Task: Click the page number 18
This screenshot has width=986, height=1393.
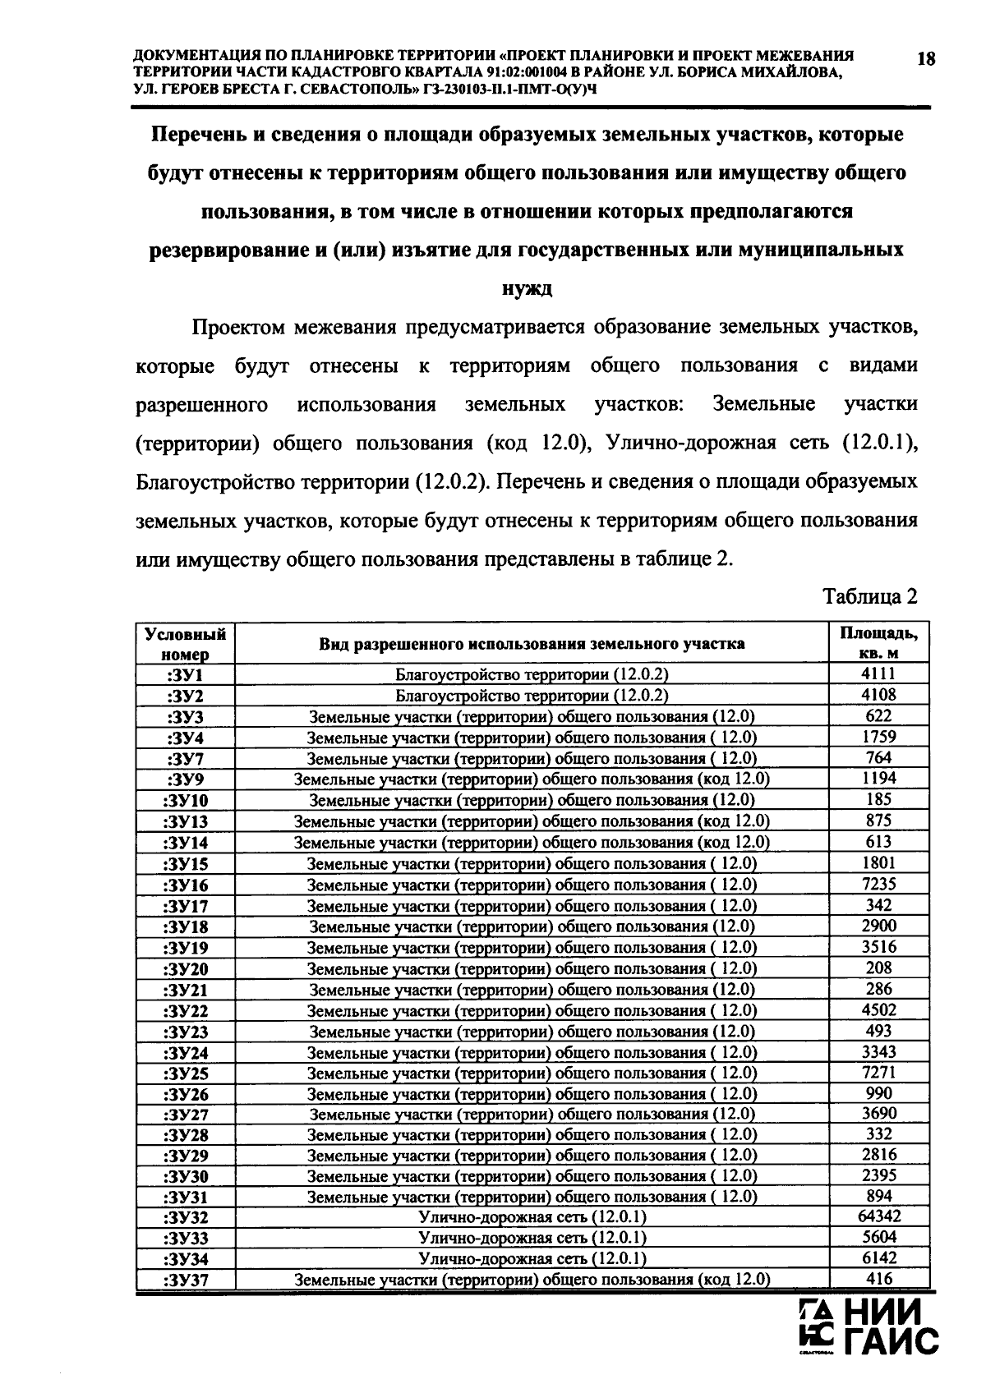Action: [925, 58]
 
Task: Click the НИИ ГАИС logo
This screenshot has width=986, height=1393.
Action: [869, 1325]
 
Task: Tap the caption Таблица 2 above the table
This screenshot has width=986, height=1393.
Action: [870, 596]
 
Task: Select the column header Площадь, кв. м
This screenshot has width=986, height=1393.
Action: [878, 643]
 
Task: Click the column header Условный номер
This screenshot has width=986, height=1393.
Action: [185, 643]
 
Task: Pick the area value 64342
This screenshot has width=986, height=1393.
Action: [879, 1216]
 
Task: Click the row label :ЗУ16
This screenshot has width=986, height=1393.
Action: [185, 885]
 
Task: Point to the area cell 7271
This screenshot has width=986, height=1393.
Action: [879, 1073]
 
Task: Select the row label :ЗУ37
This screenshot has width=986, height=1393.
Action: [185, 1280]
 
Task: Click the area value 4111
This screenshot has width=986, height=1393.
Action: [879, 674]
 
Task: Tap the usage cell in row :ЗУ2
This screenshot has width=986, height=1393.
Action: [532, 696]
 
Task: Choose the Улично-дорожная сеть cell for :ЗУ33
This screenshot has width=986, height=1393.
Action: [532, 1238]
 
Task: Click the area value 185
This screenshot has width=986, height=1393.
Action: [879, 799]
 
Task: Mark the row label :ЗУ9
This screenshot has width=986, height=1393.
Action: [185, 779]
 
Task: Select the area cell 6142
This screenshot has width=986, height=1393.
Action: [879, 1258]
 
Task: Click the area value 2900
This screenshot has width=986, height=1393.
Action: [879, 926]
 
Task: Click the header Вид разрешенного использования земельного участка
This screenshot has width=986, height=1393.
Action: [532, 643]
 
